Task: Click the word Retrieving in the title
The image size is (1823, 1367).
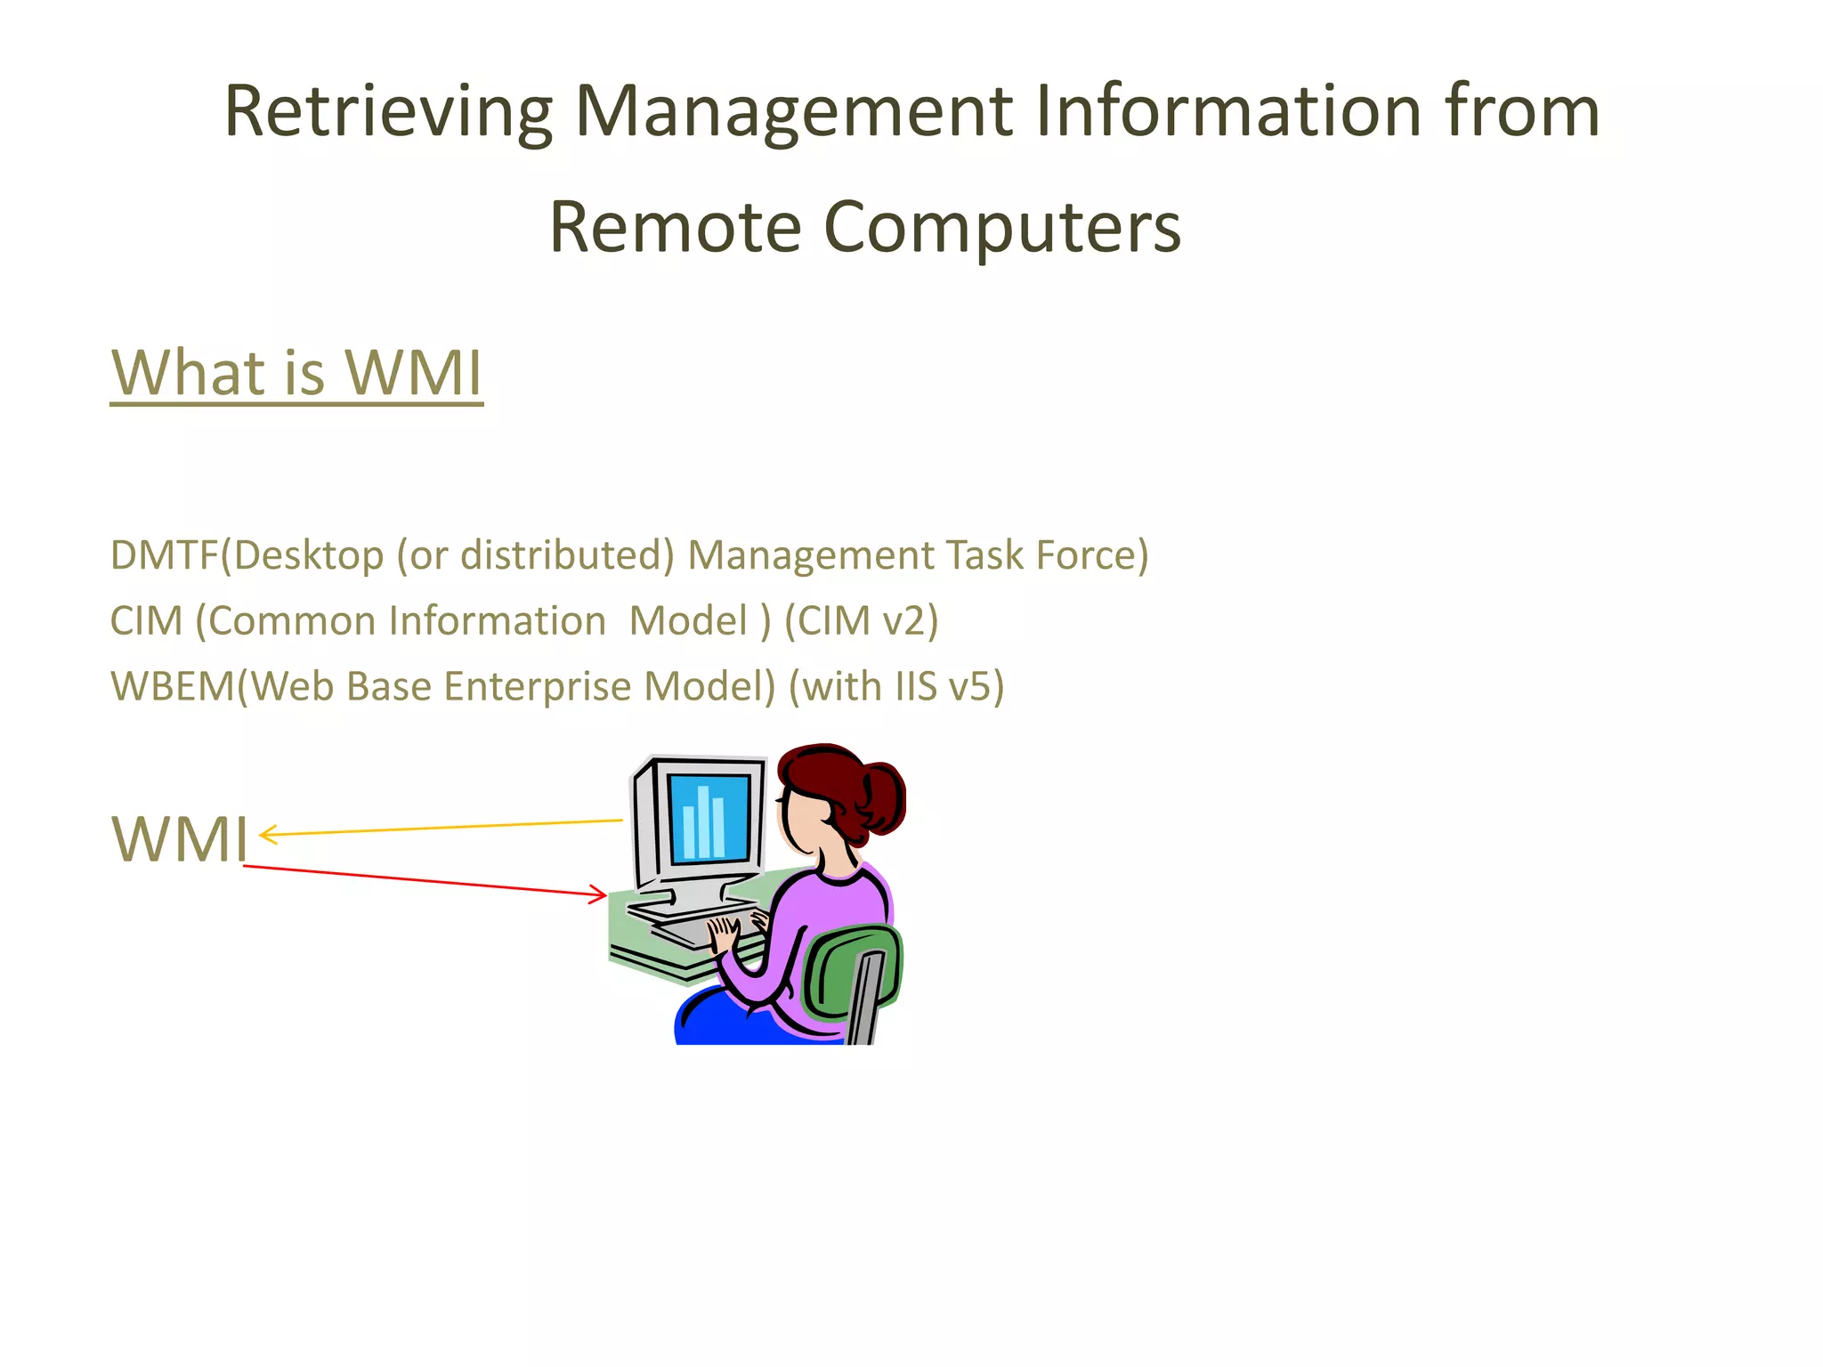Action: click(388, 113)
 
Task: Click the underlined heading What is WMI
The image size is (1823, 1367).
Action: click(296, 373)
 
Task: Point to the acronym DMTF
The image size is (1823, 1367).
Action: click(164, 555)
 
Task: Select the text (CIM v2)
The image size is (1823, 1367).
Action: click(861, 621)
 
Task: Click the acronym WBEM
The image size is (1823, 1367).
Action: click(173, 687)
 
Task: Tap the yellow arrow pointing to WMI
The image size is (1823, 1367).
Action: click(441, 828)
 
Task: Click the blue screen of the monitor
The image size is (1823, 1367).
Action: click(709, 817)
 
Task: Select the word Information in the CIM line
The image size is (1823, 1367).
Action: click(497, 621)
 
